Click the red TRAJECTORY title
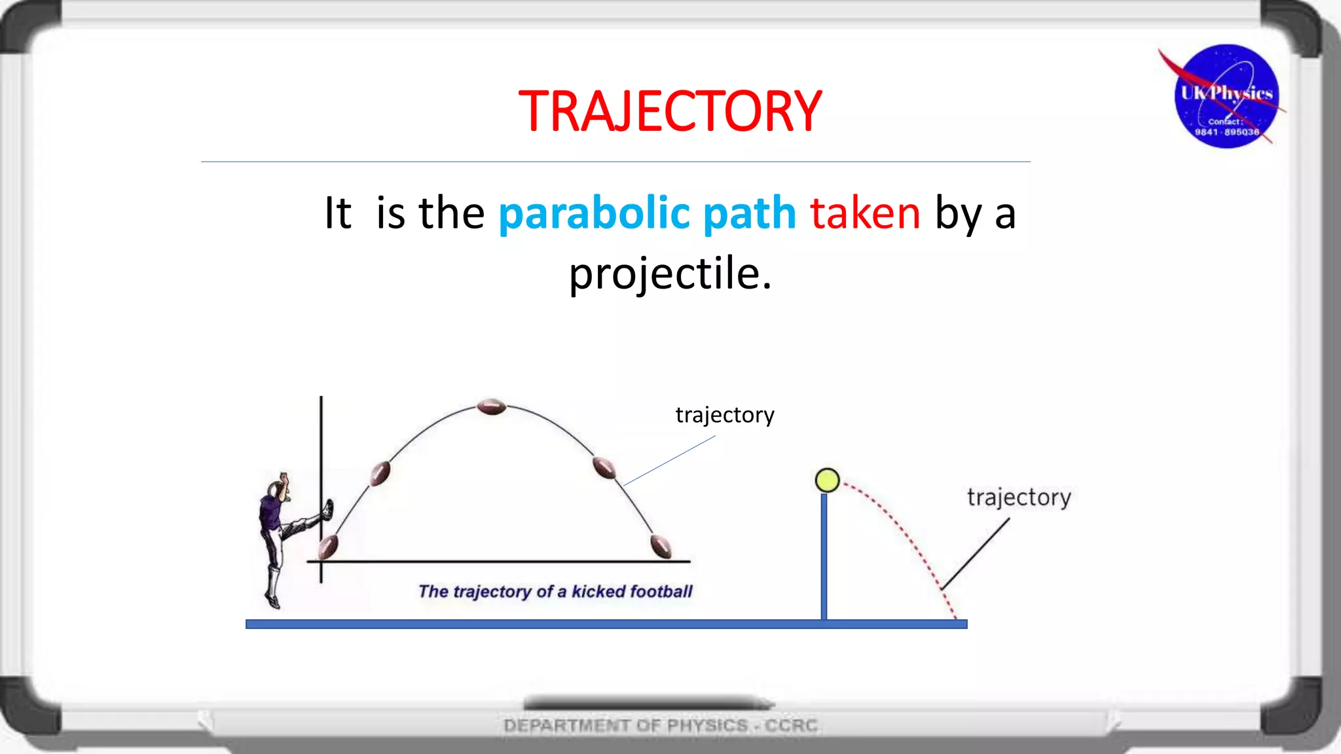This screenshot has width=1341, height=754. [x=670, y=111]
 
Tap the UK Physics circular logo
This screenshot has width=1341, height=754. [x=1226, y=96]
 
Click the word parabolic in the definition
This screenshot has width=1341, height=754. [x=594, y=213]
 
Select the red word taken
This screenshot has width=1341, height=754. [x=865, y=213]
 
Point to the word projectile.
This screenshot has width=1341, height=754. [x=669, y=274]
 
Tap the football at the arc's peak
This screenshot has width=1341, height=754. [x=491, y=406]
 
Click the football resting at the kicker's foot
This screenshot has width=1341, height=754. [x=328, y=547]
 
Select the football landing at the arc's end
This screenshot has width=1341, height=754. [x=661, y=545]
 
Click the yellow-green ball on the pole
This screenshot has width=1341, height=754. [x=827, y=480]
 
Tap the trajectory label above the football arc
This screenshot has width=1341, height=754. [x=725, y=415]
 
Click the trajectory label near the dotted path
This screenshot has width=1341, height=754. [x=1019, y=497]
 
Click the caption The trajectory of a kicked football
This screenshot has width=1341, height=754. [x=555, y=592]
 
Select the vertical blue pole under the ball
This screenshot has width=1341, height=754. [x=824, y=556]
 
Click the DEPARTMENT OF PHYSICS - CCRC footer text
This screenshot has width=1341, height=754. [x=660, y=725]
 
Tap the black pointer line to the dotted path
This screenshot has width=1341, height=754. [x=976, y=554]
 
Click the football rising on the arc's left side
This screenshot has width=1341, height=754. [x=380, y=473]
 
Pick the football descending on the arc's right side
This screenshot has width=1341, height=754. [x=604, y=468]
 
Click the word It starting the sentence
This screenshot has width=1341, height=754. [x=338, y=213]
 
